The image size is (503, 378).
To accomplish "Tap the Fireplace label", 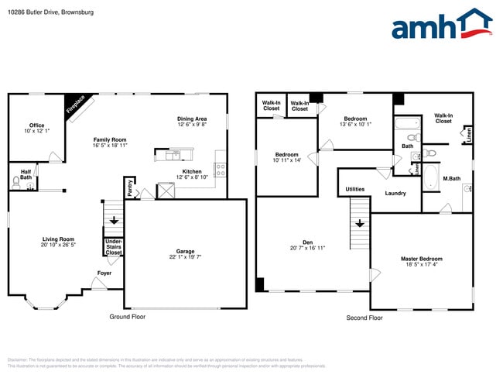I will click(x=80, y=105).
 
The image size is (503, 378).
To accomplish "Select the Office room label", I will click(x=36, y=125).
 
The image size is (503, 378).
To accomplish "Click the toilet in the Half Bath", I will click(x=16, y=183).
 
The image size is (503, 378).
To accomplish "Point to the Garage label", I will click(x=185, y=251).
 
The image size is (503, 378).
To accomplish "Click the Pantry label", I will click(x=129, y=188).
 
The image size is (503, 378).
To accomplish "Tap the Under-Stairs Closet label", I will click(x=113, y=247).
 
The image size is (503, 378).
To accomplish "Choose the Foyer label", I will click(x=103, y=273).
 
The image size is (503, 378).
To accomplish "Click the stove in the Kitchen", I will click(x=220, y=167).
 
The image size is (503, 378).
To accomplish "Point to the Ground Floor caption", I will click(x=127, y=317).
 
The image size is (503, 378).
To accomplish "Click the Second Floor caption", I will click(x=364, y=318).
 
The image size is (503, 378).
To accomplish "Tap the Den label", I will click(x=308, y=242).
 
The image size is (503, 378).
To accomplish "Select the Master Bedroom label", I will click(x=421, y=258).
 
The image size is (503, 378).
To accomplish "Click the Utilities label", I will click(x=355, y=189).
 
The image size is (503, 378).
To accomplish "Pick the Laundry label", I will click(x=395, y=193).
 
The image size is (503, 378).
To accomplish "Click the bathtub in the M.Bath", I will click(x=430, y=177).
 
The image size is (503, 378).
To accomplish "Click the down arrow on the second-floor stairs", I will click(x=360, y=225).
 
